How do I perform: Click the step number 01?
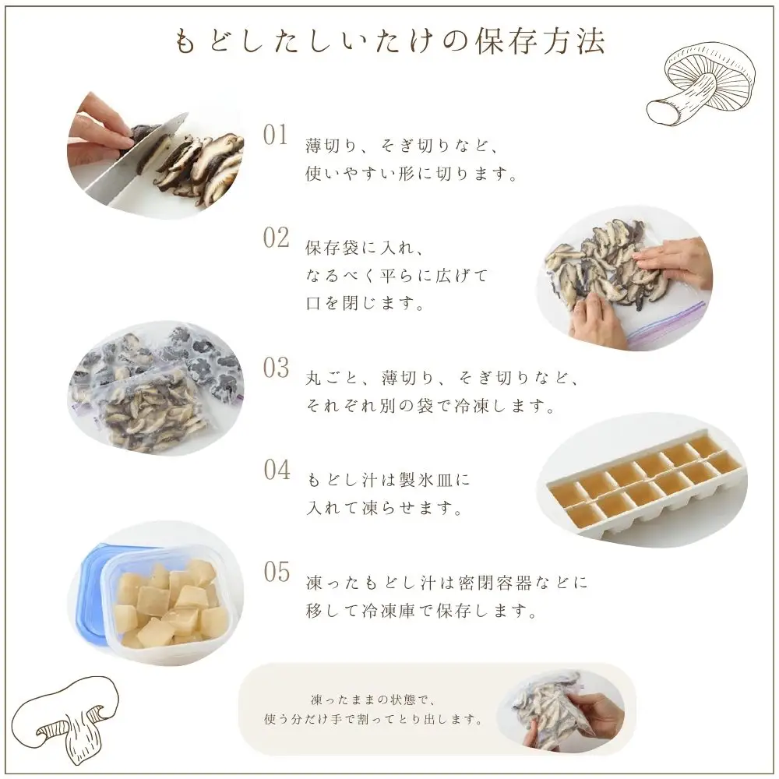coord(276,135)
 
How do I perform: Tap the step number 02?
coord(276,238)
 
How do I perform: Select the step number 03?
coord(276,368)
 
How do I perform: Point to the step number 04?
coord(276,471)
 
